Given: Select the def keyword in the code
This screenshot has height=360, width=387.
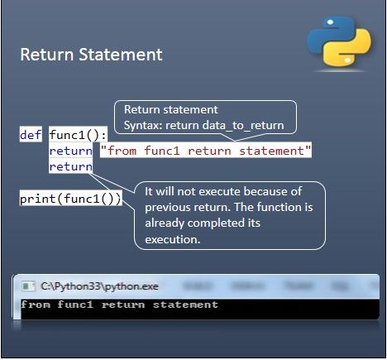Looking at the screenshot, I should pos(31,135).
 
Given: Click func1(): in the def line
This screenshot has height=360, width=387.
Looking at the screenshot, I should pos(72,135).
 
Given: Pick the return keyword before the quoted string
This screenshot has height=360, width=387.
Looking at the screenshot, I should pos(70,151).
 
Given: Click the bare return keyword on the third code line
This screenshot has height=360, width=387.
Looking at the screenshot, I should pos(70,166).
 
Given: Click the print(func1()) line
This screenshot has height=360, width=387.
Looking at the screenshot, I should pos(70,199).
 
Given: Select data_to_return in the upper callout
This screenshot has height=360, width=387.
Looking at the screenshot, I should pos(246,125).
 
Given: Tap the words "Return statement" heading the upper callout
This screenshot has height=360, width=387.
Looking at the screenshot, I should pos(170,110).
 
